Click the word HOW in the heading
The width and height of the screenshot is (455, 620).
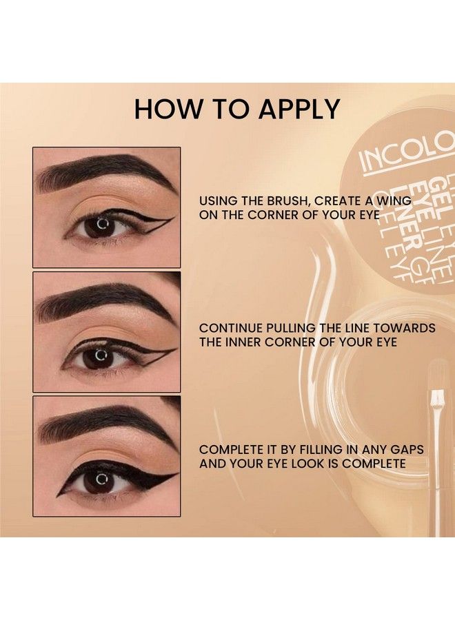tap(160, 110)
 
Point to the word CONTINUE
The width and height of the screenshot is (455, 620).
tap(232, 329)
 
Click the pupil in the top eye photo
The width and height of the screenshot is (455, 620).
tap(101, 225)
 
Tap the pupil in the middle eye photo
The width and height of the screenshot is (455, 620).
tap(101, 356)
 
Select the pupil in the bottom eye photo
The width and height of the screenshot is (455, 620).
tap(101, 477)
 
